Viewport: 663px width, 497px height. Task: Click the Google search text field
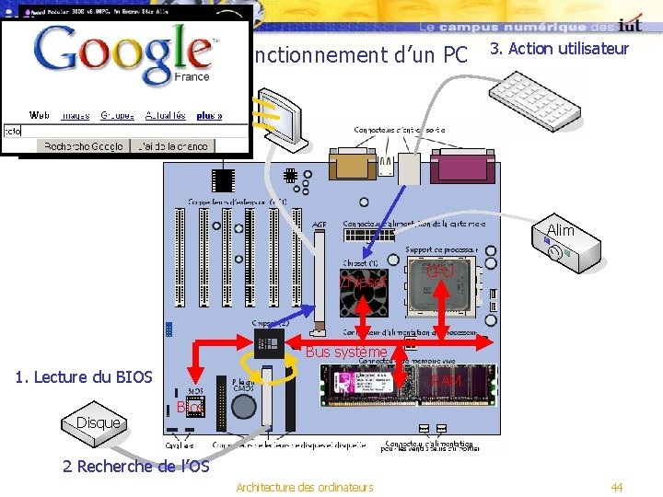[124, 131]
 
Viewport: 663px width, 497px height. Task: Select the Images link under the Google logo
[75, 116]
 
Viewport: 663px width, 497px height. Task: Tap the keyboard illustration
[533, 99]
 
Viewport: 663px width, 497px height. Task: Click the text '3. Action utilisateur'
[559, 49]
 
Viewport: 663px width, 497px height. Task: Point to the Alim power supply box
[567, 243]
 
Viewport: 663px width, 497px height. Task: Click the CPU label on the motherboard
[441, 272]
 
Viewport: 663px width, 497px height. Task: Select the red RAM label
[447, 380]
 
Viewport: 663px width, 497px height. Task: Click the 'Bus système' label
[346, 352]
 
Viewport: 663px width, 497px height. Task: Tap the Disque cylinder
[95, 422]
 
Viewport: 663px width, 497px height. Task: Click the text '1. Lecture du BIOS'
[84, 376]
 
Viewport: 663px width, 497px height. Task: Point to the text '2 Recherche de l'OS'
[135, 466]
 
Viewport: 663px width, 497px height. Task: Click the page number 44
[616, 486]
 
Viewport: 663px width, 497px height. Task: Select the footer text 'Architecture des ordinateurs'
[305, 486]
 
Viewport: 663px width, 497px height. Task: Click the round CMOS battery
[243, 410]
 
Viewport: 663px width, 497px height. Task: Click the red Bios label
[190, 407]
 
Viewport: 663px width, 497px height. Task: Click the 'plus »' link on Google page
[209, 116]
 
